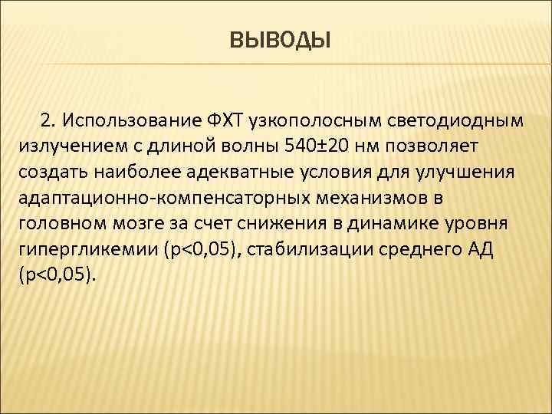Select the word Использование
click(130, 121)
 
